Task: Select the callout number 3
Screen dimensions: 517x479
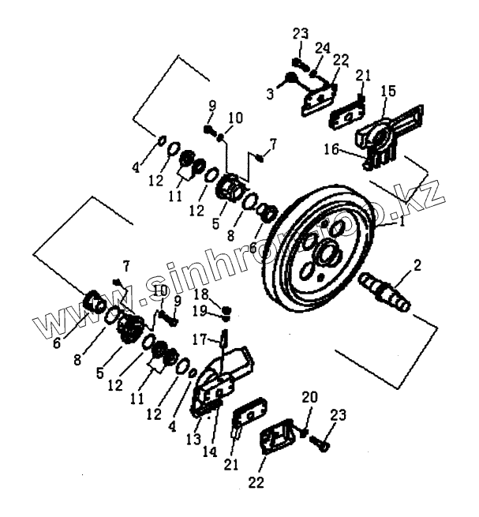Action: coord(271,95)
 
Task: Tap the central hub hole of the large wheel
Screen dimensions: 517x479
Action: coord(324,255)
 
